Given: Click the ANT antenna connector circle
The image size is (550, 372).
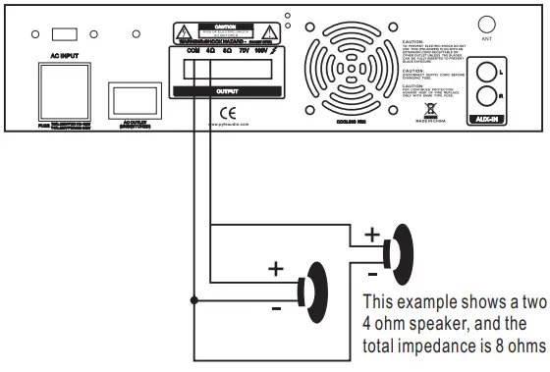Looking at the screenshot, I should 485,23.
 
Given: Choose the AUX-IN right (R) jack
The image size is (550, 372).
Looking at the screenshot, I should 487,97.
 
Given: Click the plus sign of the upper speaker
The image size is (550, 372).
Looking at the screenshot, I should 371,235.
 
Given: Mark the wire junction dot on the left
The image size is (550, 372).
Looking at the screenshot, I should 194,300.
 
